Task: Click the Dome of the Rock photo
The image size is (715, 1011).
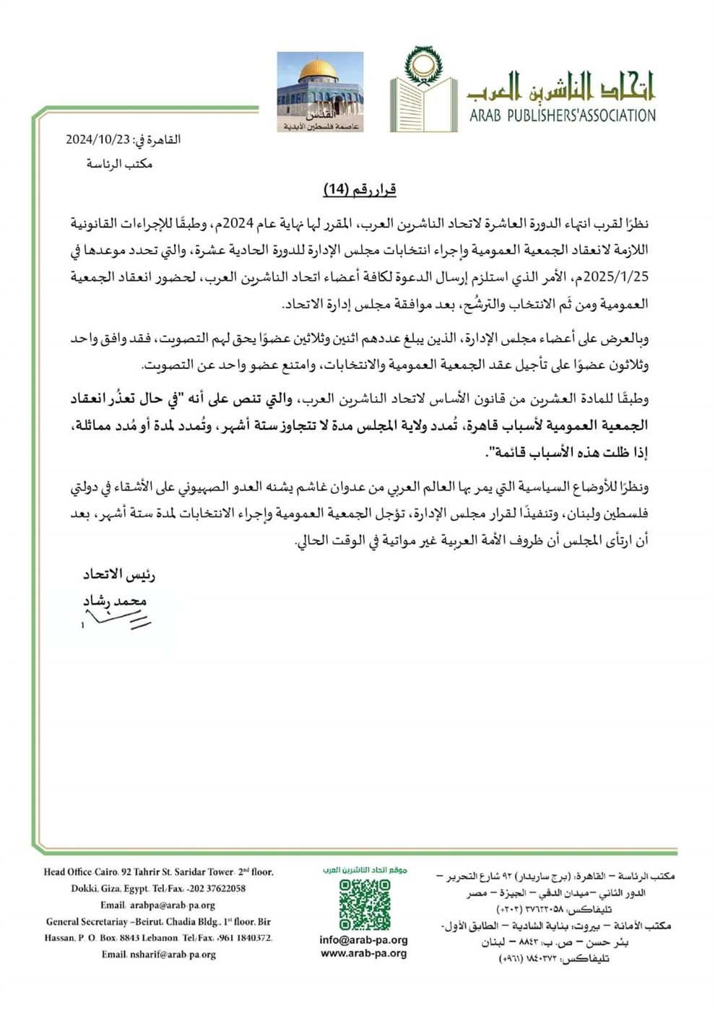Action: pyautogui.click(x=321, y=92)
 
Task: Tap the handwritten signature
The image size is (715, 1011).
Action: pyautogui.click(x=116, y=618)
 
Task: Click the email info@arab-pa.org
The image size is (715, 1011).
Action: pyautogui.click(x=363, y=940)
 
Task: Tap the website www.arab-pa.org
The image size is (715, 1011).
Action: pyautogui.click(x=363, y=953)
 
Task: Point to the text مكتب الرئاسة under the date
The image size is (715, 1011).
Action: pyautogui.click(x=119, y=164)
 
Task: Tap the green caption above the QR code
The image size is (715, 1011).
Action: pyautogui.click(x=364, y=870)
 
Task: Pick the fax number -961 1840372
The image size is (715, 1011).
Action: pyautogui.click(x=241, y=938)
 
